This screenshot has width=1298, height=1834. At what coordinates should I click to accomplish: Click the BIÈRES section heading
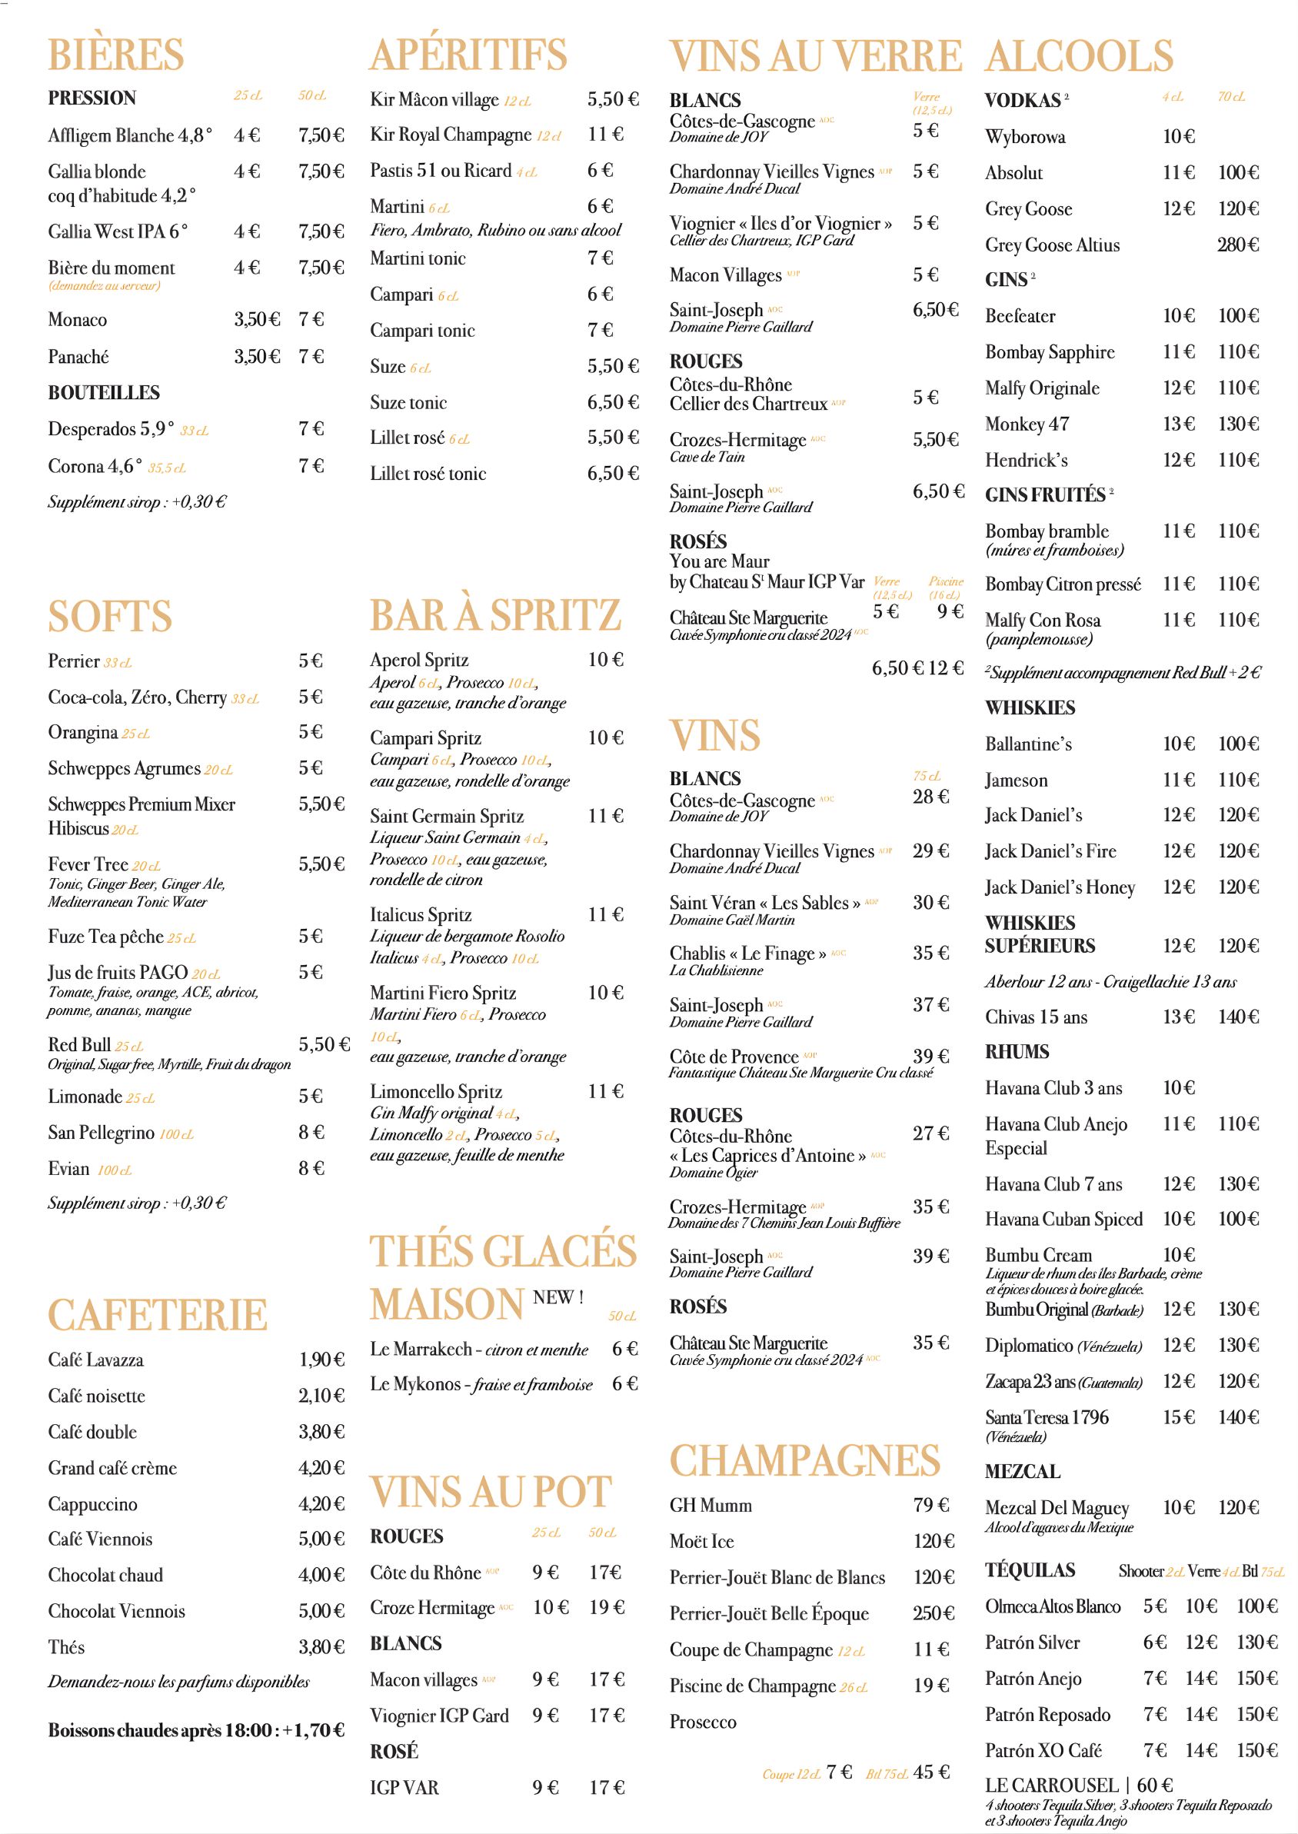(x=116, y=55)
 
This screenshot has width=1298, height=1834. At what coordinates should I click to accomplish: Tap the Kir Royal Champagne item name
(x=450, y=135)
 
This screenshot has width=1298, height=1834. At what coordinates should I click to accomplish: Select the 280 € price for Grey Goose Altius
(x=1237, y=245)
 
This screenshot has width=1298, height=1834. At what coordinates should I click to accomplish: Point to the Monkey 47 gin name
(x=1027, y=424)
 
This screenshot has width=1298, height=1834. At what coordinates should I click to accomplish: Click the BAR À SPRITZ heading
(x=494, y=614)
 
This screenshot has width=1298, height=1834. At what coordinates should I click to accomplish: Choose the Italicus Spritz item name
(x=421, y=914)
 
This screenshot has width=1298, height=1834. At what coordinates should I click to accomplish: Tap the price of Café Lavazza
(x=321, y=1360)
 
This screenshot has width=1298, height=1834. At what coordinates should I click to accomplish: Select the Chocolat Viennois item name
(x=116, y=1610)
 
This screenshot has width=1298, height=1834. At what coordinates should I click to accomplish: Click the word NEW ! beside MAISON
(x=558, y=1297)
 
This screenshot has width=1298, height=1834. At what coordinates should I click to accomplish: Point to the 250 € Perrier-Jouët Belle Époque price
(x=934, y=1613)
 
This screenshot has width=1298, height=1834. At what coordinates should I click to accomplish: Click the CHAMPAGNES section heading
(x=804, y=1461)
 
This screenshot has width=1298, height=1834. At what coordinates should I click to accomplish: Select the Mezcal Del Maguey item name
(x=1057, y=1508)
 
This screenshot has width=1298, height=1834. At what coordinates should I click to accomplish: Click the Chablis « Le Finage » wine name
(x=747, y=954)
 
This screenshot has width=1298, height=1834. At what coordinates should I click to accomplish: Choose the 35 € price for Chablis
(x=930, y=953)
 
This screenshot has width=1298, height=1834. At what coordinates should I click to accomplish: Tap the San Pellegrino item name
(x=101, y=1133)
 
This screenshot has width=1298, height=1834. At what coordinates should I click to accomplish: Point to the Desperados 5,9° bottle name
(x=110, y=429)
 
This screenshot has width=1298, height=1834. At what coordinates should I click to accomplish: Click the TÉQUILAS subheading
(x=1030, y=1569)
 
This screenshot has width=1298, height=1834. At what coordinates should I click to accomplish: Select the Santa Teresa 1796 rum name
(x=1047, y=1418)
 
